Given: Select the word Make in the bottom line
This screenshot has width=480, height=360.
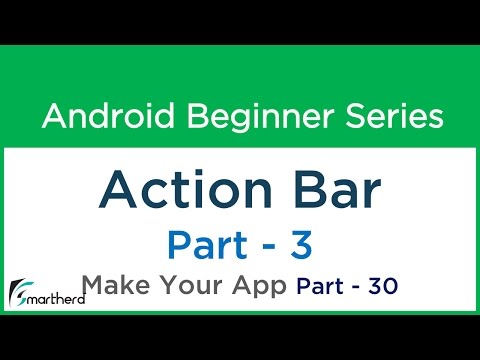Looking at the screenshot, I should pos(114,286).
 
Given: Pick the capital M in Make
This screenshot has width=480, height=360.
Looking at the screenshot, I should pos(93,286).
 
